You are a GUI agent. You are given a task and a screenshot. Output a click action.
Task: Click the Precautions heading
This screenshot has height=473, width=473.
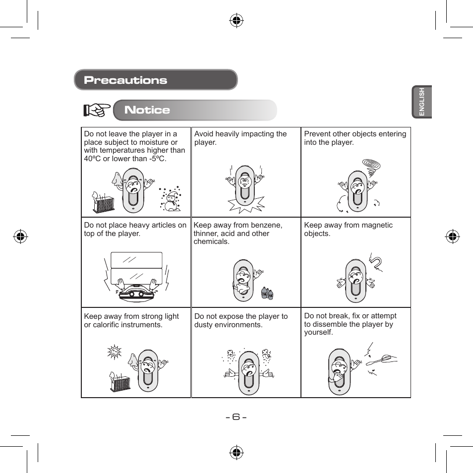click(x=125, y=80)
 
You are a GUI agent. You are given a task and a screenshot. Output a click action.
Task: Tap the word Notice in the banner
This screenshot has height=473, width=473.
click(x=147, y=110)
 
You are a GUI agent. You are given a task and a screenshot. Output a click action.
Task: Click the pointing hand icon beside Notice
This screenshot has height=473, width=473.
click(x=97, y=110)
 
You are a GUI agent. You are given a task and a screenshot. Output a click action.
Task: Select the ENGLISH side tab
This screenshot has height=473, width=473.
click(x=422, y=102)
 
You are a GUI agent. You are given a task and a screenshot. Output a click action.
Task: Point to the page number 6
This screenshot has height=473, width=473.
click(x=236, y=416)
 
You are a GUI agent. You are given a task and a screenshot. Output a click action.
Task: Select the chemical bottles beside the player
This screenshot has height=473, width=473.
click(x=268, y=293)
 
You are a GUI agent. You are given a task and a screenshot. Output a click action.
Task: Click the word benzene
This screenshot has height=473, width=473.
click(x=268, y=225)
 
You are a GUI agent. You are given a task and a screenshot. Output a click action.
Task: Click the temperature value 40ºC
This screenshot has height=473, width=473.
click(x=93, y=159)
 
